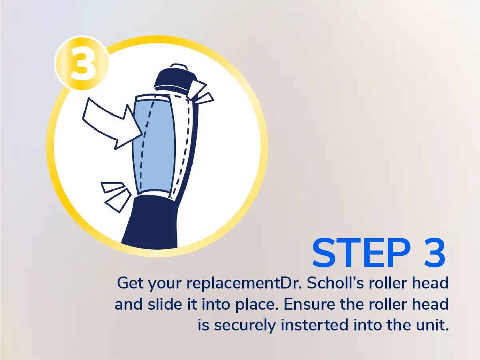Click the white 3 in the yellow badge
tap(83, 64)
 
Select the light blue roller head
tap(154, 145)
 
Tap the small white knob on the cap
tap(179, 66)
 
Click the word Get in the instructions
tap(130, 284)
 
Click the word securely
tap(245, 326)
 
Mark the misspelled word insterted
tap(315, 325)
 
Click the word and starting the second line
tap(129, 304)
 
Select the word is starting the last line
tap(203, 325)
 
